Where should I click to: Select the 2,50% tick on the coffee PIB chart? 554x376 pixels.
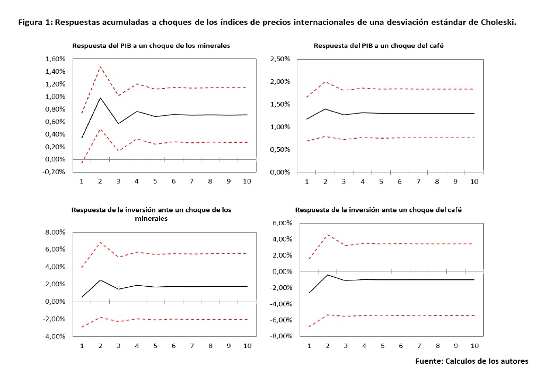280,59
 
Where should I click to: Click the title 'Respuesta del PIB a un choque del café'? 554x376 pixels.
379,46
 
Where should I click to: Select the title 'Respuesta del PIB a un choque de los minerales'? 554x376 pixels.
151,46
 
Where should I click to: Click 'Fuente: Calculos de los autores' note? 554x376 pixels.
471,361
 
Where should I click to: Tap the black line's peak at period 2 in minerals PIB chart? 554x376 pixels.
100,97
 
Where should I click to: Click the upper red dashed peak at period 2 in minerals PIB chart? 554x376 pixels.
100,67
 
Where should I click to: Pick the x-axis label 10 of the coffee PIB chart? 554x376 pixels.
474,182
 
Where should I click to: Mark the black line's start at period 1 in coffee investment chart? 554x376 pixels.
309,293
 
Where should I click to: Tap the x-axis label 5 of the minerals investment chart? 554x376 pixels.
155,346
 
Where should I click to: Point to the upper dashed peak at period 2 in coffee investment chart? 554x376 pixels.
328,235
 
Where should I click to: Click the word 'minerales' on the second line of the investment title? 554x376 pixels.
151,218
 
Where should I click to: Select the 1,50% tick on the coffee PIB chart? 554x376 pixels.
280,104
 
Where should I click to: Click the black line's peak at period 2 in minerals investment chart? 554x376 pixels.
100,280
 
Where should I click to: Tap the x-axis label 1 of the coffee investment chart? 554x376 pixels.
309,346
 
